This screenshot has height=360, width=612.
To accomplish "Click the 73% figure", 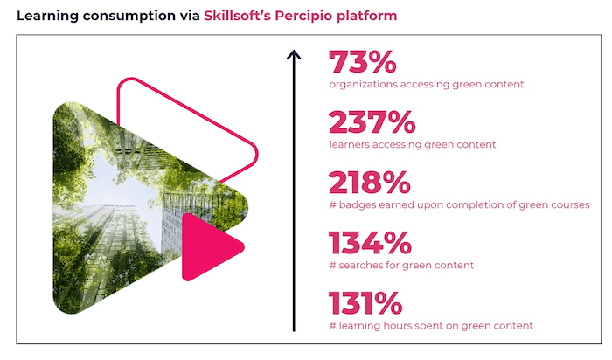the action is pyautogui.click(x=363, y=62).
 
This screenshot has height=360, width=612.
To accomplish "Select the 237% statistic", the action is pyautogui.click(x=372, y=122).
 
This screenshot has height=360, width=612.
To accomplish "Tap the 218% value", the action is pyautogui.click(x=370, y=182).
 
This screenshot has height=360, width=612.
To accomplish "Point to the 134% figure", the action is pyautogui.click(x=370, y=243).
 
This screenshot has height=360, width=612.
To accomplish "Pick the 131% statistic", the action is pyautogui.click(x=365, y=303).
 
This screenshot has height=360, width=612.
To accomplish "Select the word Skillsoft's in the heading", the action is pyautogui.click(x=237, y=16).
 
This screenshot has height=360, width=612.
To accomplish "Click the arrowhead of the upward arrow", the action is pyautogui.click(x=294, y=54).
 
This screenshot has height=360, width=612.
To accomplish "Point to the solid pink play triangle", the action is pyautogui.click(x=209, y=247).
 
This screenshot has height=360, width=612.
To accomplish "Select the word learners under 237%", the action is pyautogui.click(x=350, y=145).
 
